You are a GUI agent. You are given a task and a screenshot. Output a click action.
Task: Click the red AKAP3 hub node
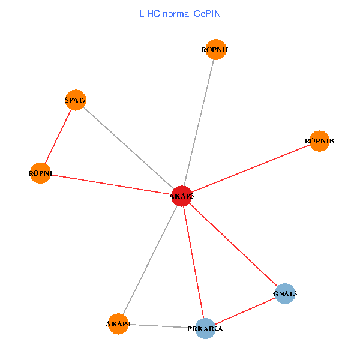pos(181,196)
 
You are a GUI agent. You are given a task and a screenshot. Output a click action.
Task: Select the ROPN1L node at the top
pos(215,50)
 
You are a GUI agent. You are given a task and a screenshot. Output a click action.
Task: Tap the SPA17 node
pos(76,100)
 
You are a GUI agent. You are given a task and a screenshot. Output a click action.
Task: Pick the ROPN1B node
pos(319,141)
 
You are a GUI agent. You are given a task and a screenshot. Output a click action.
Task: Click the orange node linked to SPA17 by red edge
pos(40,173)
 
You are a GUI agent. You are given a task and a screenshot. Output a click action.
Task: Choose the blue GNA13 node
pos(285,293)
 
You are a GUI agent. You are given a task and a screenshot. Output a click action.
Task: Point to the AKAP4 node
pos(118,324)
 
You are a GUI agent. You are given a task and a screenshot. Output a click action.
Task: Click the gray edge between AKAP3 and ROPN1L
pos(199,123)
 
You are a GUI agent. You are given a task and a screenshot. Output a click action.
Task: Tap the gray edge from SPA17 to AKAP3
pos(129,148)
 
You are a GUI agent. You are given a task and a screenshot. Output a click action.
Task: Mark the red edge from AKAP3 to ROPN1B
pos(250,169)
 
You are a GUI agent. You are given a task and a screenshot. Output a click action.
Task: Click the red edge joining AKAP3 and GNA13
pos(233,245)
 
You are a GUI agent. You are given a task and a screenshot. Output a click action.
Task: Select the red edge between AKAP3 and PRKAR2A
pos(193,262)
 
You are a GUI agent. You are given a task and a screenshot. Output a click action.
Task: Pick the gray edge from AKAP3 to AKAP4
pos(150,260)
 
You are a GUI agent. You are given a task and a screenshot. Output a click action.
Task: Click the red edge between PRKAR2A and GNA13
pos(245,311)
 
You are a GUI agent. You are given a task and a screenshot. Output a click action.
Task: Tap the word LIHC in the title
pos(148,13)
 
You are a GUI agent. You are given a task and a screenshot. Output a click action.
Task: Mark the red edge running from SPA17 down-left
pos(58,137)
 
